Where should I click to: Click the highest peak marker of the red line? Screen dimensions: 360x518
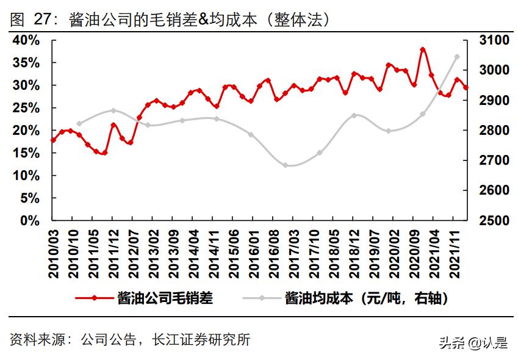click(x=423, y=49)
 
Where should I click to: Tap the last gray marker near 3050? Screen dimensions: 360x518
click(x=457, y=57)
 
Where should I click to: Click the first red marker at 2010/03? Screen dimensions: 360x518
click(x=53, y=140)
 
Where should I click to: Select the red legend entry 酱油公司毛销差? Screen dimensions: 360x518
click(x=165, y=298)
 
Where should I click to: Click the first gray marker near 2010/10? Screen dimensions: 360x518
click(x=79, y=123)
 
